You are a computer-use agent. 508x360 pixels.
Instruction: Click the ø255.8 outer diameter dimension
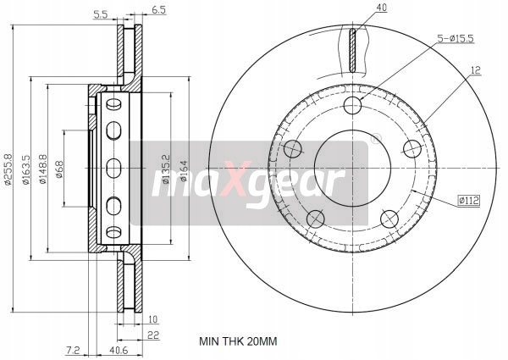coord(8,169)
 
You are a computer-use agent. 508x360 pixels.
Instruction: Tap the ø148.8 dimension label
coord(43,169)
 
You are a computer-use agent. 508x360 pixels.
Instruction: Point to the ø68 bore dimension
coord(59,169)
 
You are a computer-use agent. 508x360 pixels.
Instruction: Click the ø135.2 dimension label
coord(166,169)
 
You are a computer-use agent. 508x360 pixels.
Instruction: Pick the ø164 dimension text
coord(184,170)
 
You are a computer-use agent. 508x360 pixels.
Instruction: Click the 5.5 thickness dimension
coord(101,14)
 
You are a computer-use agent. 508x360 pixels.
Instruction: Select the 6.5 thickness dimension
coord(159,9)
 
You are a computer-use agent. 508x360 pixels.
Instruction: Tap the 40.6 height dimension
coord(119,350)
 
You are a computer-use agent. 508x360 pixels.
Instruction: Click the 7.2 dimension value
coord(73,350)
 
